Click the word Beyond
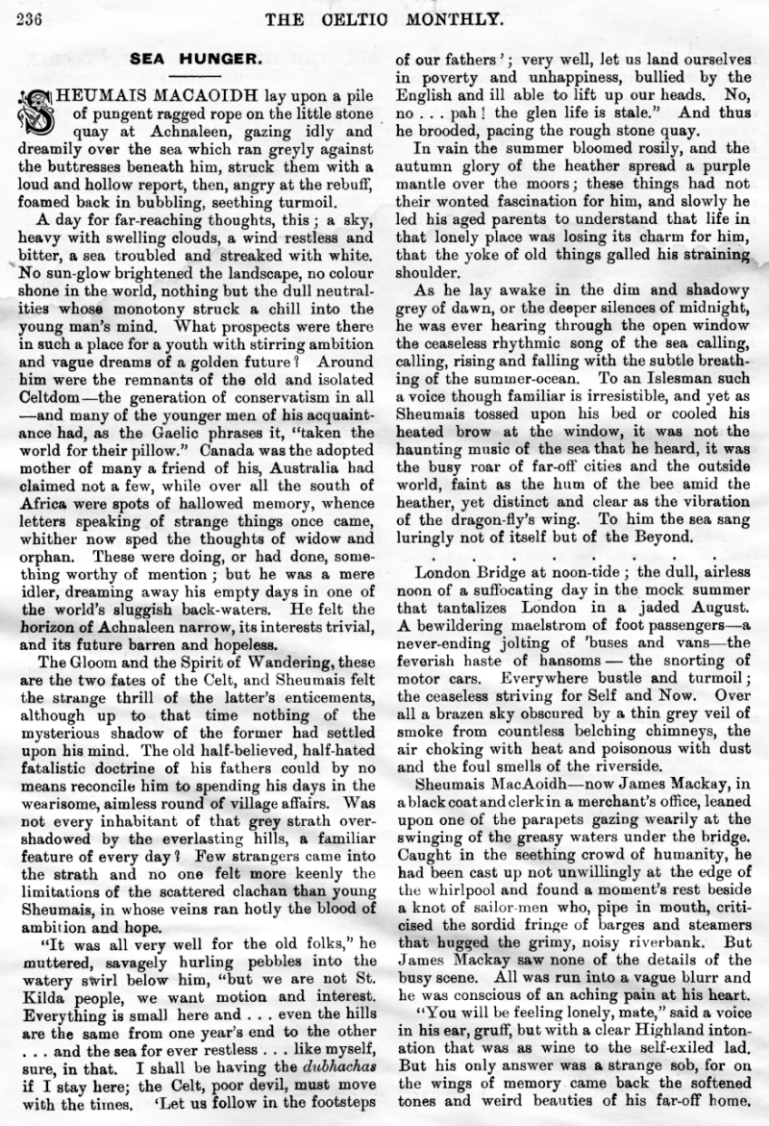click(657, 536)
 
